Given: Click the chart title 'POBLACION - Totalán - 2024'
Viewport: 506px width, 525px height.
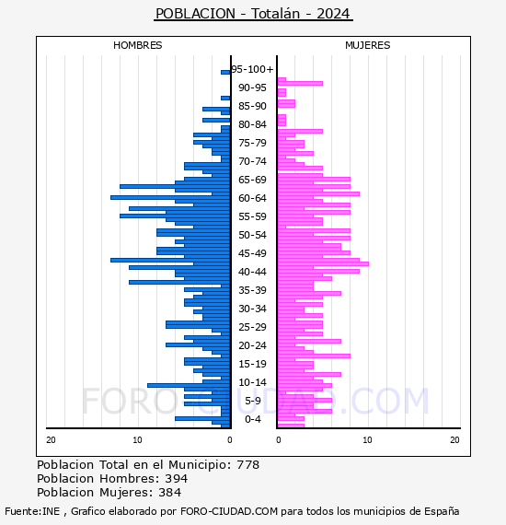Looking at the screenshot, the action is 253,14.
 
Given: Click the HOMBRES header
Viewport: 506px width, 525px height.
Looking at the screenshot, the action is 137,45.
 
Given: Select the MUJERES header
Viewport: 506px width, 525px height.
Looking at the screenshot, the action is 368,45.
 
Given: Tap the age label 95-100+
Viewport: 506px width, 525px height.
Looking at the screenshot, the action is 252,69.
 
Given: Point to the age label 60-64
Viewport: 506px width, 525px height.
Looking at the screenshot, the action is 252,198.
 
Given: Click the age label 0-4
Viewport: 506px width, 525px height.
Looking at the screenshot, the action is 252,419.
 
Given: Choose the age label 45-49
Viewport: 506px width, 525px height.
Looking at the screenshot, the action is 252,253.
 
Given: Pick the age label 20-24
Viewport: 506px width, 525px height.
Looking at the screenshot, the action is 252,345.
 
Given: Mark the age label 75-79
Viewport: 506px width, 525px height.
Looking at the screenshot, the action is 252,143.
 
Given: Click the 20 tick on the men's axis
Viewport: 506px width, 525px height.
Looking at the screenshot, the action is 51,440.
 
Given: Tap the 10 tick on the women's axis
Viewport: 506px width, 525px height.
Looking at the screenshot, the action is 368,440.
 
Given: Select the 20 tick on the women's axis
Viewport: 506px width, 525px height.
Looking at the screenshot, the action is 454,440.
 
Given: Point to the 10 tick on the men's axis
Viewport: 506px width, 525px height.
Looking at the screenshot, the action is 137,440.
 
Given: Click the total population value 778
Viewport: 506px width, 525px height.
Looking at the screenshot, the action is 247,465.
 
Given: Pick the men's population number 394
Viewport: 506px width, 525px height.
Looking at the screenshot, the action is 177,479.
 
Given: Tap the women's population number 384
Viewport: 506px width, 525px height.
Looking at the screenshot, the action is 170,493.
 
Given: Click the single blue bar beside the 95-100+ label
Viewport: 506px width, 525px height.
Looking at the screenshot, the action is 225,73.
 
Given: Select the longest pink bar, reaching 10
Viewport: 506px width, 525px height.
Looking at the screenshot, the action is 323,263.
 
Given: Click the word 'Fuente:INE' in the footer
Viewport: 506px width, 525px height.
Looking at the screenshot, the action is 32,511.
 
